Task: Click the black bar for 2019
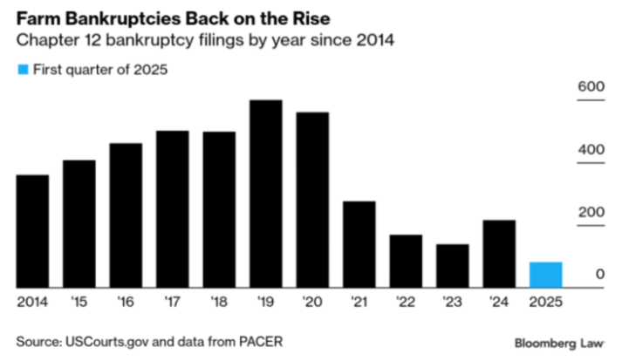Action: point(266,194)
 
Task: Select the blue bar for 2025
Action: point(546,275)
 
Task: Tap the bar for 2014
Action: point(32,231)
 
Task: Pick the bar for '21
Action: point(359,244)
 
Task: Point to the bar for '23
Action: point(453,266)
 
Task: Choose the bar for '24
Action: point(499,254)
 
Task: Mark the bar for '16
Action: point(126,215)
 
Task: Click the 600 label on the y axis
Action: point(591,86)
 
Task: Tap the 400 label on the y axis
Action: point(591,149)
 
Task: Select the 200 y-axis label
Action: point(591,212)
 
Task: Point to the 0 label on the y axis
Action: point(600,274)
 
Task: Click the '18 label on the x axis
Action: point(219,302)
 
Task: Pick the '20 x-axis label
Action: point(312,302)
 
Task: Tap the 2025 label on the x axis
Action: point(546,302)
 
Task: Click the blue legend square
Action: point(23,70)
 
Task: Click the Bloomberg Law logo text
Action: point(559,344)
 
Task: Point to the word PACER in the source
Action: point(261,342)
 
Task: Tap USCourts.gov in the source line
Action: point(106,342)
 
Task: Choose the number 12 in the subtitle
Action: point(92,40)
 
